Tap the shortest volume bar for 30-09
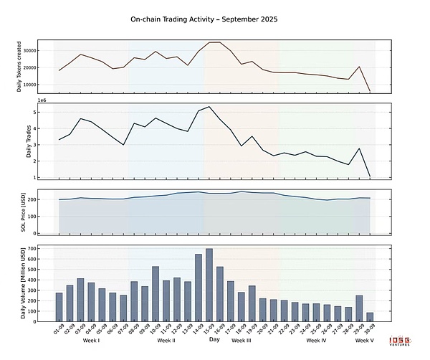pos(370,316)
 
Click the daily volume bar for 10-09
pos(156,293)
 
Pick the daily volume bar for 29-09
pos(359,308)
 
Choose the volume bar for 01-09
pos(59,306)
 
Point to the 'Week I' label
pos(91,341)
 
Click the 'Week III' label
pos(242,341)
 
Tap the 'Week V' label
pos(365,341)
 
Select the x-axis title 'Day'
pos(214,340)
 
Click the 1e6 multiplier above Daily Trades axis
pos(40,101)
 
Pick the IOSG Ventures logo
pos(409,341)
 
